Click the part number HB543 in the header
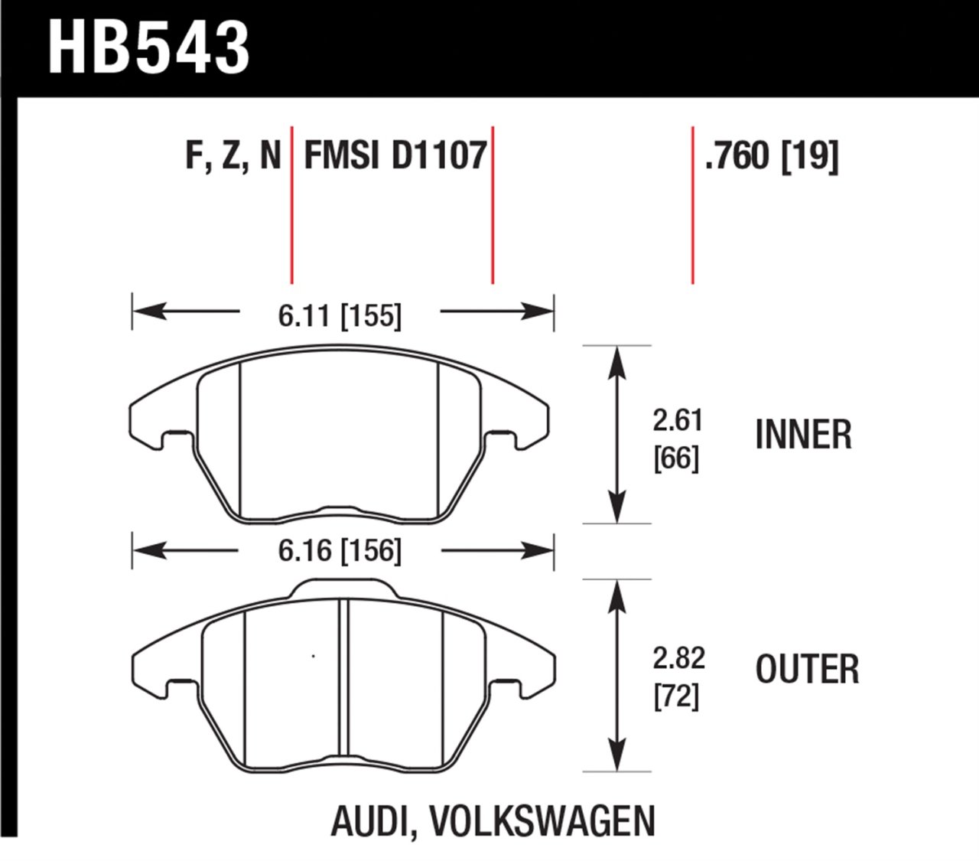point(148,47)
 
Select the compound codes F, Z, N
point(233,156)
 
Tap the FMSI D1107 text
point(395,156)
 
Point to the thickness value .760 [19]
point(772,156)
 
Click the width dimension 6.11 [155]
point(340,315)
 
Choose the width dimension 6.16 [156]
point(340,551)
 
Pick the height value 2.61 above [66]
point(677,421)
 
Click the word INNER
point(803,435)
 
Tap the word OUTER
point(807,670)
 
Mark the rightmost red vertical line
point(692,205)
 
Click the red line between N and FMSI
point(291,205)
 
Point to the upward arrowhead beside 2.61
point(616,360)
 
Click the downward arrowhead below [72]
point(616,758)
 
